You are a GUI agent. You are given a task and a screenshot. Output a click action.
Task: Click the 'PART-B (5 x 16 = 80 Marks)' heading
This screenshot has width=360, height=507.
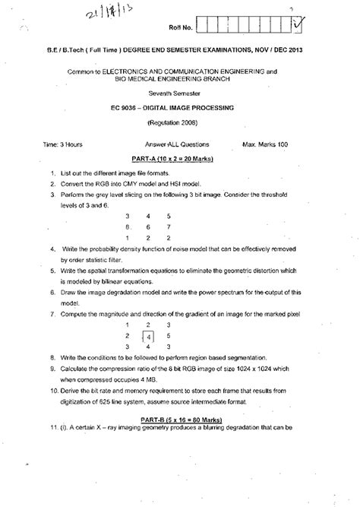(179, 430)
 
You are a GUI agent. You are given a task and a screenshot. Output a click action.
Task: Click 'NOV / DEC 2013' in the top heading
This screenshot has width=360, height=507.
(297, 52)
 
